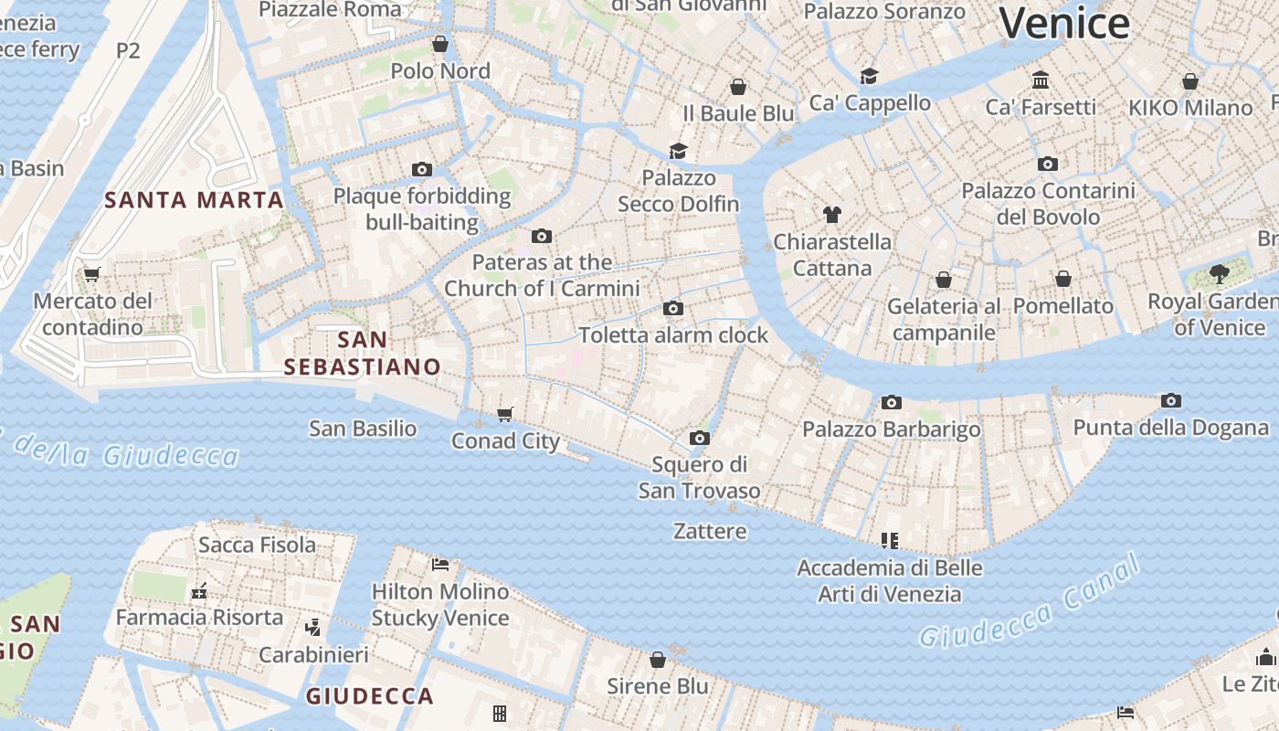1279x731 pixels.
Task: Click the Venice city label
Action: [x=1064, y=22]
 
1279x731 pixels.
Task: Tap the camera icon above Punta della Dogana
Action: [x=1170, y=400]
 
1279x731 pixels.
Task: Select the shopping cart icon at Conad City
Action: [x=505, y=414]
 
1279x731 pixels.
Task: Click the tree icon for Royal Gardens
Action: [x=1219, y=272]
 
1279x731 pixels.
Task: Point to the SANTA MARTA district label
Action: [x=194, y=199]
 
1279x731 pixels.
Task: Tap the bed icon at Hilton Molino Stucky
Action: [x=439, y=564]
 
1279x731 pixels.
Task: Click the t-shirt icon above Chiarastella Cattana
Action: [x=831, y=215]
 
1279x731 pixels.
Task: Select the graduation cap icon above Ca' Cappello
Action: [x=869, y=76]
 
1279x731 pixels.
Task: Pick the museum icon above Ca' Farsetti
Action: [x=1040, y=80]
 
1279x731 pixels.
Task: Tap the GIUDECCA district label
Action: [x=369, y=696]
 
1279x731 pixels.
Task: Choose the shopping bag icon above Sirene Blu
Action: [x=658, y=660]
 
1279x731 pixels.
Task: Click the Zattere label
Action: [x=710, y=531]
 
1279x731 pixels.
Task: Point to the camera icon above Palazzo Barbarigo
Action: [x=891, y=402]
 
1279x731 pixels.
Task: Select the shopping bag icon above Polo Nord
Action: [x=440, y=44]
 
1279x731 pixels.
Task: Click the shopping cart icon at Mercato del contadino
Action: [x=91, y=274]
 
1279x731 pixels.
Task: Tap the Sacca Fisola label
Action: [x=257, y=545]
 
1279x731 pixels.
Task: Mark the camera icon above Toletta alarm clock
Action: [x=673, y=308]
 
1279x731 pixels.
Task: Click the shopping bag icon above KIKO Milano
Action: [x=1189, y=81]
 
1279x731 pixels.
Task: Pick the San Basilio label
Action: [x=363, y=428]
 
